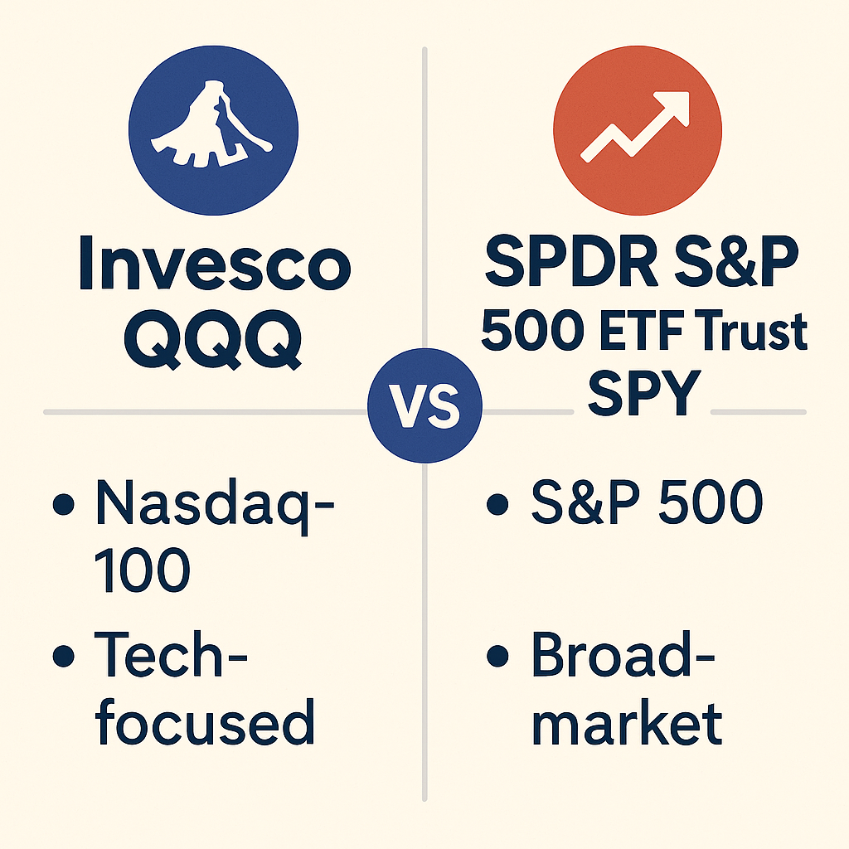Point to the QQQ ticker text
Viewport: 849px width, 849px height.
[214, 340]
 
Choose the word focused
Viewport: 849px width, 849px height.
[205, 721]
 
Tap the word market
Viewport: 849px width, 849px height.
[626, 721]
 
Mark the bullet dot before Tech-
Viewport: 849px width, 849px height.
[61, 657]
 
